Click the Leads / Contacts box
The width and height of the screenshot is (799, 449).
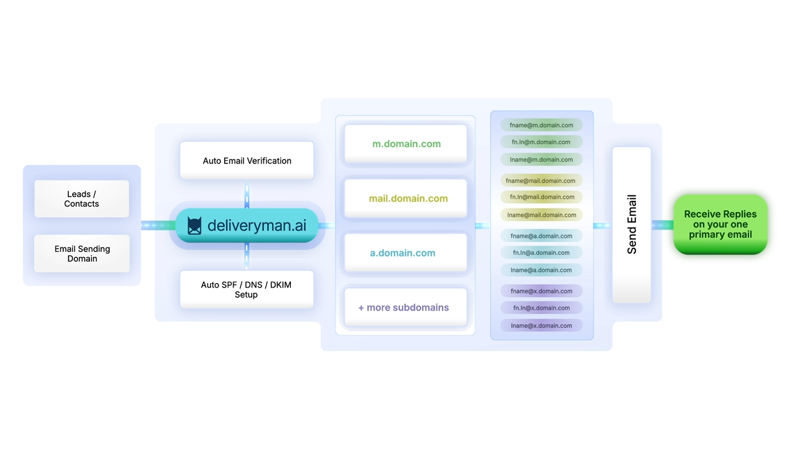[82, 199]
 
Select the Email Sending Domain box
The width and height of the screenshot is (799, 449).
[82, 253]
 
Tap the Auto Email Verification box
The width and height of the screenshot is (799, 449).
[247, 160]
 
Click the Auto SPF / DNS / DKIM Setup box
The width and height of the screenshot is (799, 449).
[247, 289]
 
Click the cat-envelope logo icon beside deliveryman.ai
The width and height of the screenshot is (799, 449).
[195, 225]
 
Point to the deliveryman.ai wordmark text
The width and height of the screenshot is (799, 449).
[257, 225]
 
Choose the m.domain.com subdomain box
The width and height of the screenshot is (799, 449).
[406, 143]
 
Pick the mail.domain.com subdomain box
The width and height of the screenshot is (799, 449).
[406, 198]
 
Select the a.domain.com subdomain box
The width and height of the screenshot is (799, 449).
[406, 253]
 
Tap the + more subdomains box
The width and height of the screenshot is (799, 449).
[406, 307]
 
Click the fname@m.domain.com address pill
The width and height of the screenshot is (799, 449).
[541, 125]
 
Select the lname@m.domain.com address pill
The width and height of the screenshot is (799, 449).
[541, 160]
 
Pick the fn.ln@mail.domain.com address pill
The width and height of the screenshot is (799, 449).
[541, 197]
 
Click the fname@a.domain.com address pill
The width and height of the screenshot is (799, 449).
[541, 236]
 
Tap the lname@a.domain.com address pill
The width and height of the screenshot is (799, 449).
[541, 270]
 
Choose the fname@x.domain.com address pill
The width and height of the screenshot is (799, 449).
[541, 291]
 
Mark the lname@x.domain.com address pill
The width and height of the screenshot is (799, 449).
[541, 326]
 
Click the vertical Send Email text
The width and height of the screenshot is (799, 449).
[632, 224]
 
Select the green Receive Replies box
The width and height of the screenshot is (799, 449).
[720, 224]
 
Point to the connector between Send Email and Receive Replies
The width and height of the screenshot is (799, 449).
[662, 225]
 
